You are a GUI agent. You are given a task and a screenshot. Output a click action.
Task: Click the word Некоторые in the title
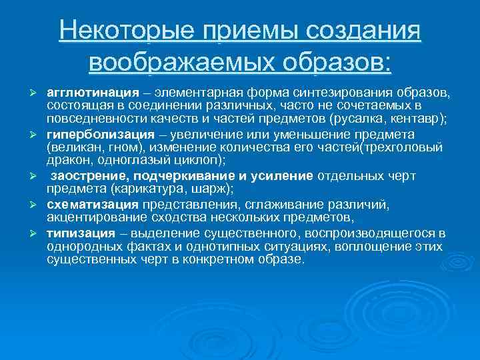click(x=124, y=31)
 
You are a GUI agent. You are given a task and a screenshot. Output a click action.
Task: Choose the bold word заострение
click(x=89, y=176)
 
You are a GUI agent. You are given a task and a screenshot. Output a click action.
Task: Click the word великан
click(x=75, y=148)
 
